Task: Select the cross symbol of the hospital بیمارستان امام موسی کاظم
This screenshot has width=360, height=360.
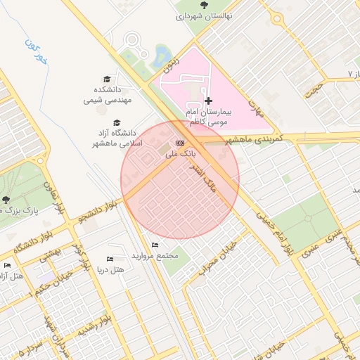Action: coord(208,101)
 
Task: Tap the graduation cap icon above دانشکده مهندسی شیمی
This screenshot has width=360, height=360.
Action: coord(107,79)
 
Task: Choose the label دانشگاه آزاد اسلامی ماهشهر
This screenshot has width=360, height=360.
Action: coord(121,137)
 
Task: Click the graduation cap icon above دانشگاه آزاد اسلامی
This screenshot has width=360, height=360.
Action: coord(117,122)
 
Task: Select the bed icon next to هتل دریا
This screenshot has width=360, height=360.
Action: coord(109,259)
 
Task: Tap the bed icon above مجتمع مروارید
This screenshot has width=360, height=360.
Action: coord(155,245)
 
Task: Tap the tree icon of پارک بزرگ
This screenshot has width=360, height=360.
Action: coord(6,200)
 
